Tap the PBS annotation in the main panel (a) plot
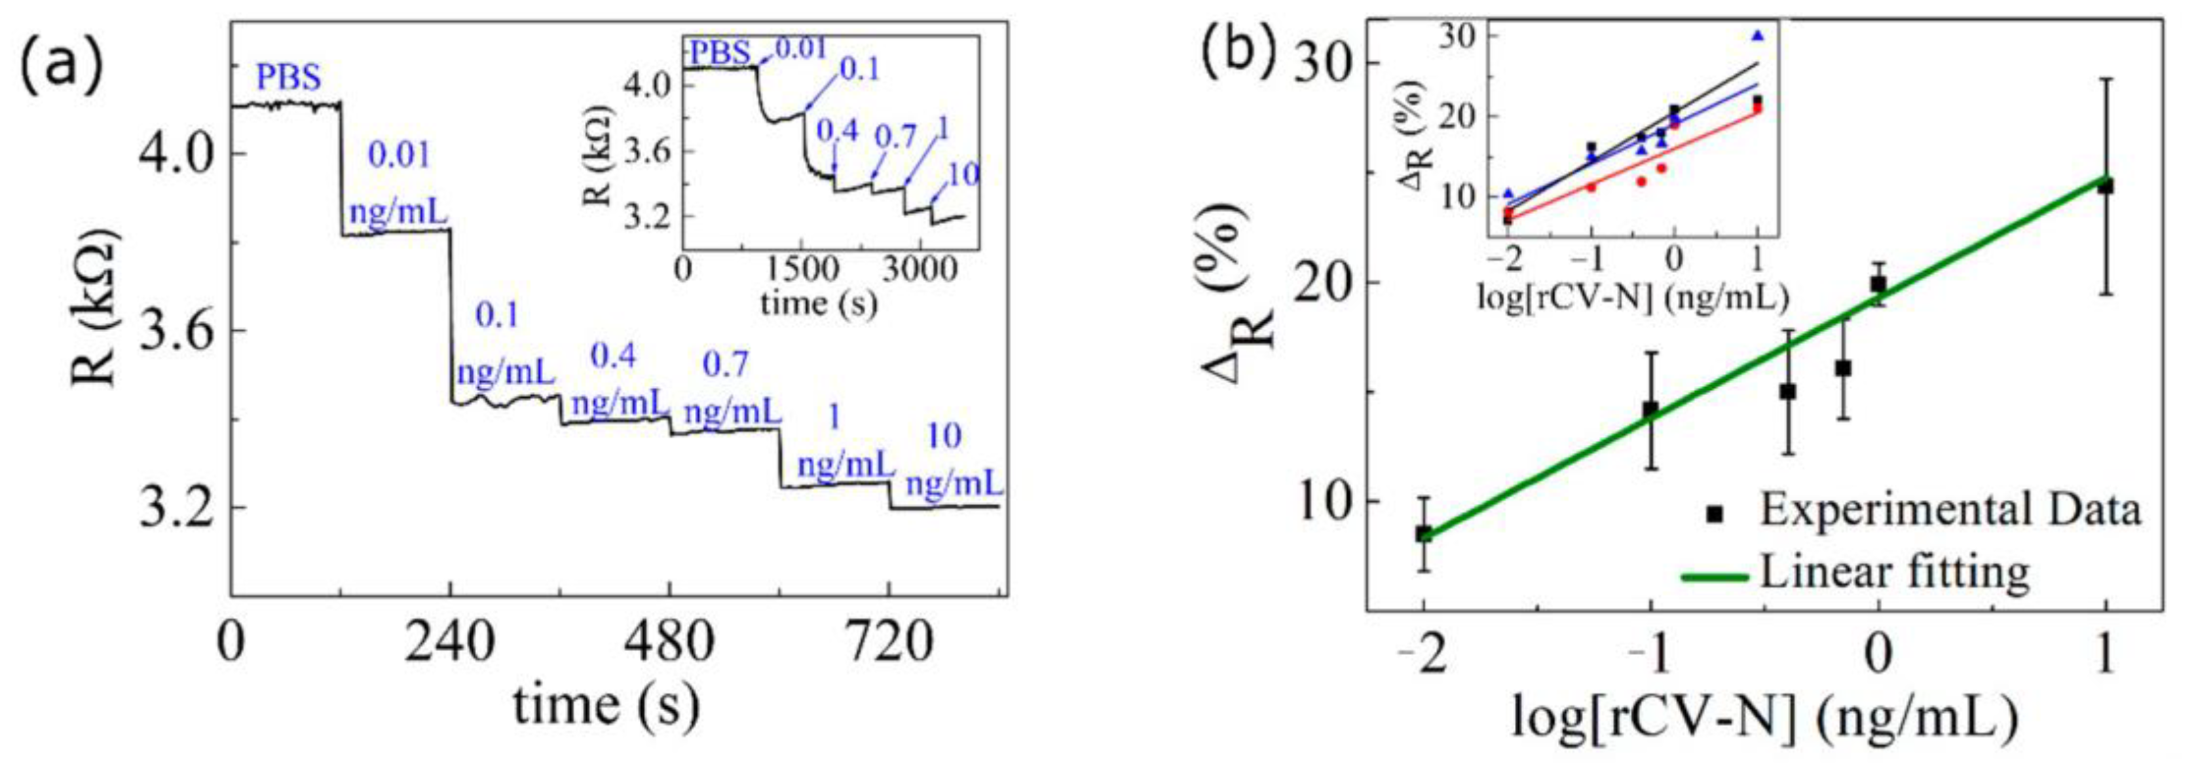point(289,79)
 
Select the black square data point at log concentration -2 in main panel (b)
point(1424,534)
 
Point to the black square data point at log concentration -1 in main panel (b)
point(1650,409)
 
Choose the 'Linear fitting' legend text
point(1896,571)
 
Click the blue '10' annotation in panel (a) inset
point(963,174)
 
